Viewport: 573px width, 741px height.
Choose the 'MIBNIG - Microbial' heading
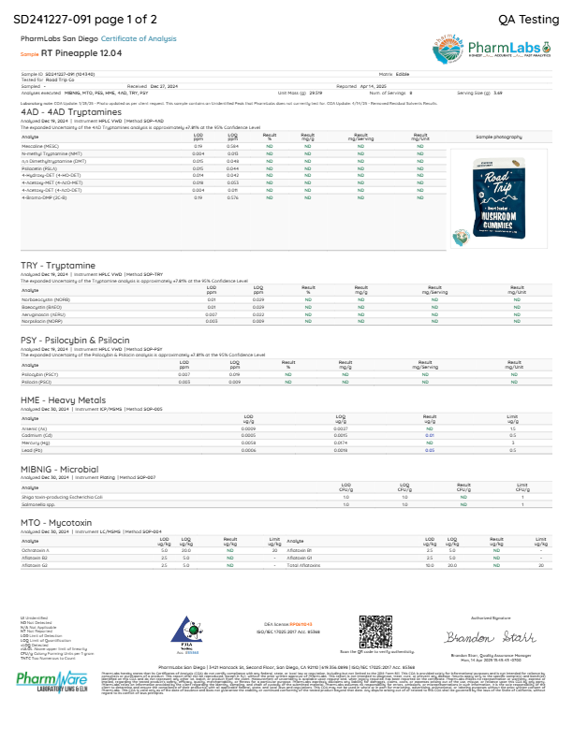pos(58,468)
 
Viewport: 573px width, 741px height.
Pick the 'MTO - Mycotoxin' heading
pos(53,522)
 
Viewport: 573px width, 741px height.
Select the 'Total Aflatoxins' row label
pos(305,566)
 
